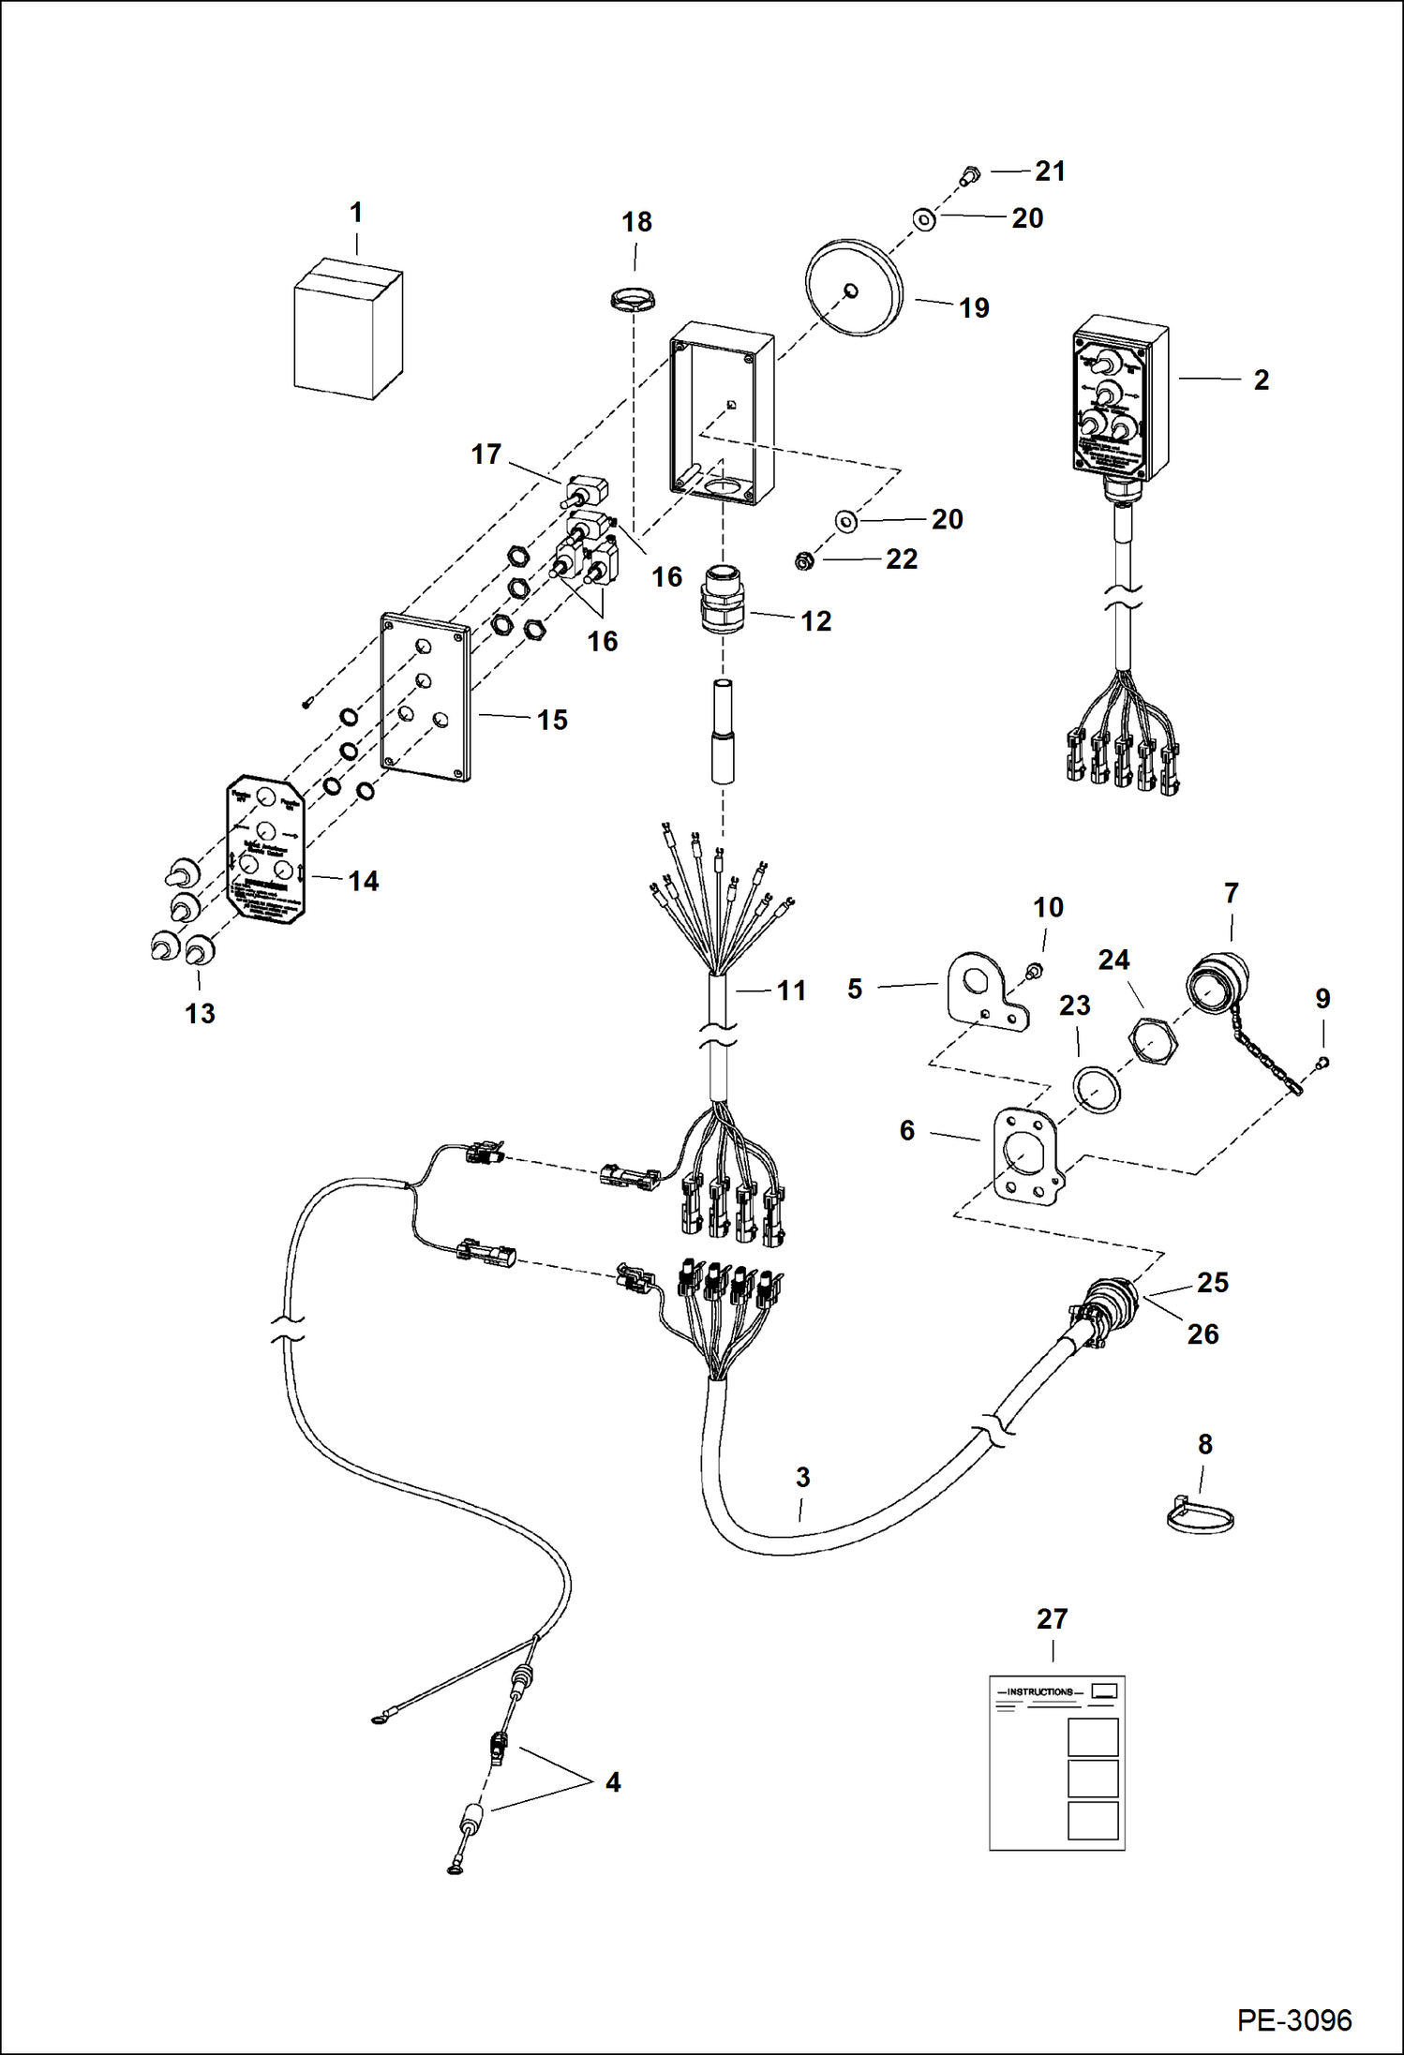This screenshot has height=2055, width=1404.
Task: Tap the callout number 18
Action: (x=636, y=222)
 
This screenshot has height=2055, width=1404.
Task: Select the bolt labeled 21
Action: (x=970, y=174)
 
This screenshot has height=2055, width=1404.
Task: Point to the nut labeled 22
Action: (x=803, y=561)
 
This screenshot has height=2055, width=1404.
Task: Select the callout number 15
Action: (x=552, y=720)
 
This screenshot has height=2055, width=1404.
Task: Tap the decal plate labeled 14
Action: (x=266, y=849)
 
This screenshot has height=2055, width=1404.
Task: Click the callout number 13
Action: (x=200, y=1013)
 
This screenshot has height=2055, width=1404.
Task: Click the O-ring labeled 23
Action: (x=1097, y=1089)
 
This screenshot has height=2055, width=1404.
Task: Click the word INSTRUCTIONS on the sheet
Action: (x=1039, y=1691)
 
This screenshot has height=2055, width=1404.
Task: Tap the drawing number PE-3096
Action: (x=1294, y=2019)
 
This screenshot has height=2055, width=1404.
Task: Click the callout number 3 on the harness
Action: (x=802, y=1477)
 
